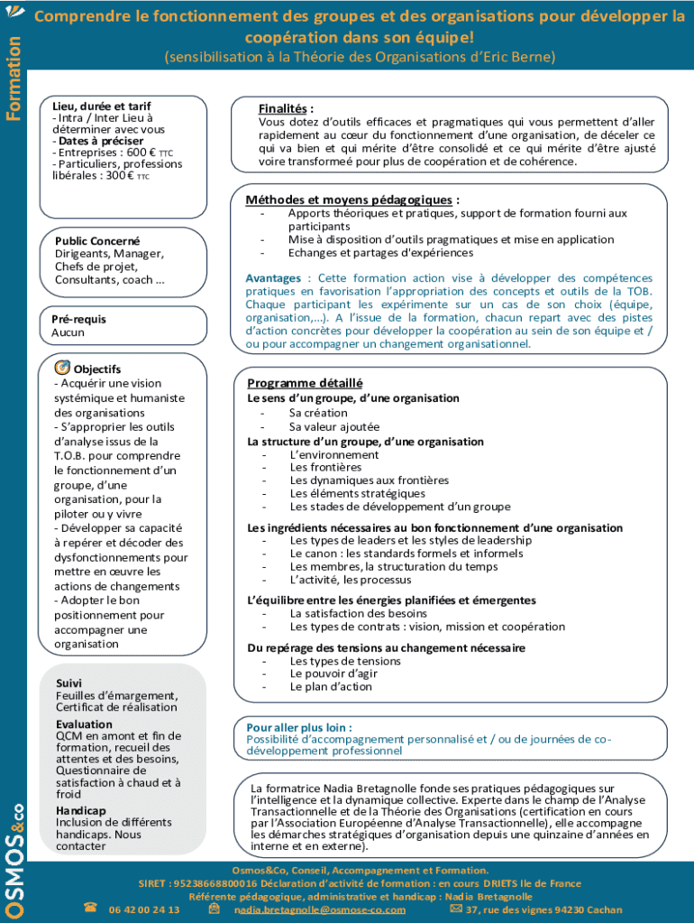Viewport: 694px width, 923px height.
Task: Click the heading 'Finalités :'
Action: (x=286, y=109)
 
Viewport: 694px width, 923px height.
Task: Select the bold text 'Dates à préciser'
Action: (x=100, y=141)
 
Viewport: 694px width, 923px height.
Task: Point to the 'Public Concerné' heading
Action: (x=97, y=242)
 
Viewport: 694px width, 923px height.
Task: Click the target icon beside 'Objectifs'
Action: (x=62, y=368)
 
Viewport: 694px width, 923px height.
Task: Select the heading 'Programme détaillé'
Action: (x=305, y=382)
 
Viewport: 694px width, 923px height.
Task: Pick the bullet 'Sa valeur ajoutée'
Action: (x=334, y=426)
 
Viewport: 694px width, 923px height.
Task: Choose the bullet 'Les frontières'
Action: (x=325, y=467)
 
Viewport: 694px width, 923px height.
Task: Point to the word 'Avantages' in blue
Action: (x=274, y=279)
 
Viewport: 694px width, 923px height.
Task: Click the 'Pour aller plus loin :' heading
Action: (x=299, y=727)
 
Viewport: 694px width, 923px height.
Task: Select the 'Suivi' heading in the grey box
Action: (x=68, y=684)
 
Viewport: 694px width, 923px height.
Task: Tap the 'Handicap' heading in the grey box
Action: (x=81, y=810)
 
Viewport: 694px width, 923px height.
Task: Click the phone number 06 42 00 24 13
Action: (x=144, y=909)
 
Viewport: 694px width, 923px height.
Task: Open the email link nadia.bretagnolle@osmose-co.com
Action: (x=320, y=909)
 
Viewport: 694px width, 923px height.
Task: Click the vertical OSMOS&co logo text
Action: (x=14, y=856)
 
